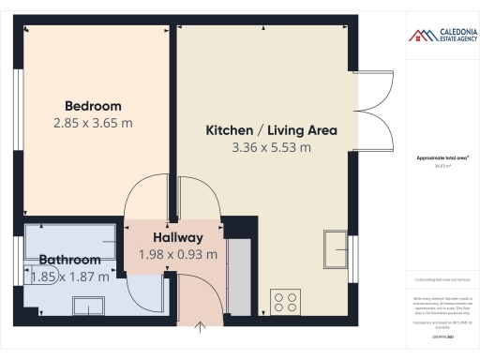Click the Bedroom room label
93,106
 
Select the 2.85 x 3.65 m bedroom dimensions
93,122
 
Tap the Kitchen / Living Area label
271,130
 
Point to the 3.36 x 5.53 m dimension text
272,147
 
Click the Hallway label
178,237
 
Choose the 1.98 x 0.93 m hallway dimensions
178,253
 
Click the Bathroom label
69,260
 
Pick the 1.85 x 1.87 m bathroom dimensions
70,277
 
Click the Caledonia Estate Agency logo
442,36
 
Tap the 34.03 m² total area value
442,166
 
